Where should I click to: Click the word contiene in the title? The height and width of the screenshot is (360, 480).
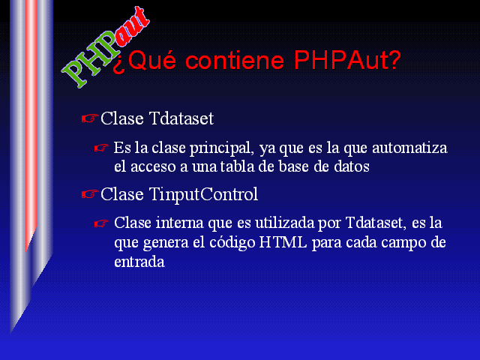pos(235,60)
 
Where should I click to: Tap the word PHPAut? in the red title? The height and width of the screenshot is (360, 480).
pos(347,60)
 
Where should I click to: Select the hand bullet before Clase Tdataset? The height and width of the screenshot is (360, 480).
pos(90,118)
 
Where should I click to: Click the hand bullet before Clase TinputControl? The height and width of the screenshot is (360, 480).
pos(90,194)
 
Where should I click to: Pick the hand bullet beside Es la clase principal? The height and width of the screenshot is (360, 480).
pos(101,148)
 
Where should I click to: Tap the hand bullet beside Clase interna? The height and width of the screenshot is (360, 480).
pos(101,223)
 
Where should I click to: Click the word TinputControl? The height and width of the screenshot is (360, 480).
pos(203,195)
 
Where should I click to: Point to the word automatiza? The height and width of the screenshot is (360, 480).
pos(409,148)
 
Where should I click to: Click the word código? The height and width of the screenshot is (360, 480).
pos(232,243)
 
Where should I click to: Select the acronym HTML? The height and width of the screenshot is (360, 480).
pos(283,242)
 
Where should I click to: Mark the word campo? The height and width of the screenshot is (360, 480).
pos(403,243)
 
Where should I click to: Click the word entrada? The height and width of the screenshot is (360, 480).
pos(139,262)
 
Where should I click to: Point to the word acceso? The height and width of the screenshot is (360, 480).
pos(153,167)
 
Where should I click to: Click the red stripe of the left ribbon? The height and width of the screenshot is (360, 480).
pos(31,122)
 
